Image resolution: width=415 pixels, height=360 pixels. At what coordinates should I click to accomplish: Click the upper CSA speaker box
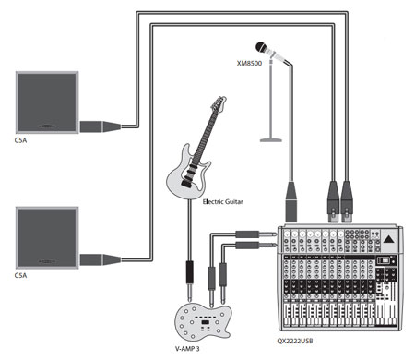[x=47, y=102]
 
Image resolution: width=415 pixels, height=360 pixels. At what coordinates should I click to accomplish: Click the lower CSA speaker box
[x=47, y=238]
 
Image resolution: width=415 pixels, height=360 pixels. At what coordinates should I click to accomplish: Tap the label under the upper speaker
[x=20, y=140]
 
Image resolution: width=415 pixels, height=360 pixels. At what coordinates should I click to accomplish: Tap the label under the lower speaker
[x=20, y=275]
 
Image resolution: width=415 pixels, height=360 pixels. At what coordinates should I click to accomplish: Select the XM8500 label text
[x=249, y=63]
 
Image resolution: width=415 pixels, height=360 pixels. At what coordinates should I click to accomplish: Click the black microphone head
[x=262, y=47]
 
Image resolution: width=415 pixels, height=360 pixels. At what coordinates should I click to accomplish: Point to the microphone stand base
[x=271, y=140]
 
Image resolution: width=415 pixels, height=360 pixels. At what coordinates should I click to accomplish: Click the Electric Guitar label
[x=223, y=202]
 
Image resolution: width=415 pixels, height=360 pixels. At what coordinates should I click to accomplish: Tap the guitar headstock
[x=219, y=103]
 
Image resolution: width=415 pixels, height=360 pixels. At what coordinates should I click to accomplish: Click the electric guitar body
[x=187, y=174]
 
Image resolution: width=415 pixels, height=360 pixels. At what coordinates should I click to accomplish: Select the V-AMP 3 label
[x=187, y=349]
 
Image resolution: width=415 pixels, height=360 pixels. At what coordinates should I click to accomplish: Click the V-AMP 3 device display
[x=205, y=322]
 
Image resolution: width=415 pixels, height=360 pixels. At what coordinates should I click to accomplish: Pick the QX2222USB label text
[x=295, y=341]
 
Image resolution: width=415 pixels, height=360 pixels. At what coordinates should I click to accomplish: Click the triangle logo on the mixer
[x=389, y=239]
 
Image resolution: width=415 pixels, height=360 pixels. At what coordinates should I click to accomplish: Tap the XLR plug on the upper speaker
[x=101, y=126]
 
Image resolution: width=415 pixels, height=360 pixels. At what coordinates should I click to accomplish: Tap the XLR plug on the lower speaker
[x=101, y=259]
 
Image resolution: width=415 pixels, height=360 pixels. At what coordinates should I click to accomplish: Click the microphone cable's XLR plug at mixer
[x=291, y=201]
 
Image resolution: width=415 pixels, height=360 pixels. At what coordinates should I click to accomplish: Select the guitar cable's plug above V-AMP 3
[x=190, y=281]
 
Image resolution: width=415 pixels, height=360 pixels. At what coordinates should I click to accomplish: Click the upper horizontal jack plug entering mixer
[x=256, y=234]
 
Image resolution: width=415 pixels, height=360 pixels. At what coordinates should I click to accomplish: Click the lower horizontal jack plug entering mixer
[x=256, y=246]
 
